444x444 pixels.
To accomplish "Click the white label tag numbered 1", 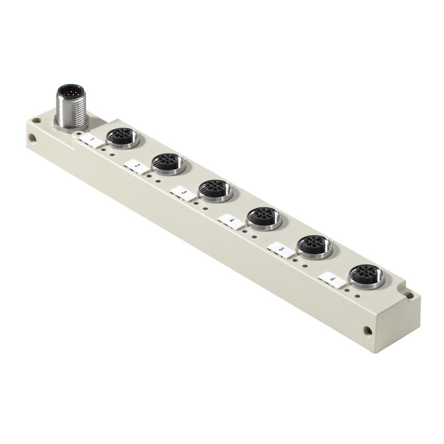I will pyautogui.click(x=90, y=141).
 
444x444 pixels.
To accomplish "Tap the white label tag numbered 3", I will pyautogui.click(x=183, y=194).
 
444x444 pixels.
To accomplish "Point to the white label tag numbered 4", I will pyautogui.click(x=230, y=221).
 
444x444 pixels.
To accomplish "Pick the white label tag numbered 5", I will pyautogui.click(x=280, y=250).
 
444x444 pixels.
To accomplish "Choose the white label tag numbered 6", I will pyautogui.click(x=331, y=280).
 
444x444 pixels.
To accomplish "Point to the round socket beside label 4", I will pyautogui.click(x=261, y=218).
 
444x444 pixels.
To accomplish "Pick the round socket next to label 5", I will pyautogui.click(x=314, y=246).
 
